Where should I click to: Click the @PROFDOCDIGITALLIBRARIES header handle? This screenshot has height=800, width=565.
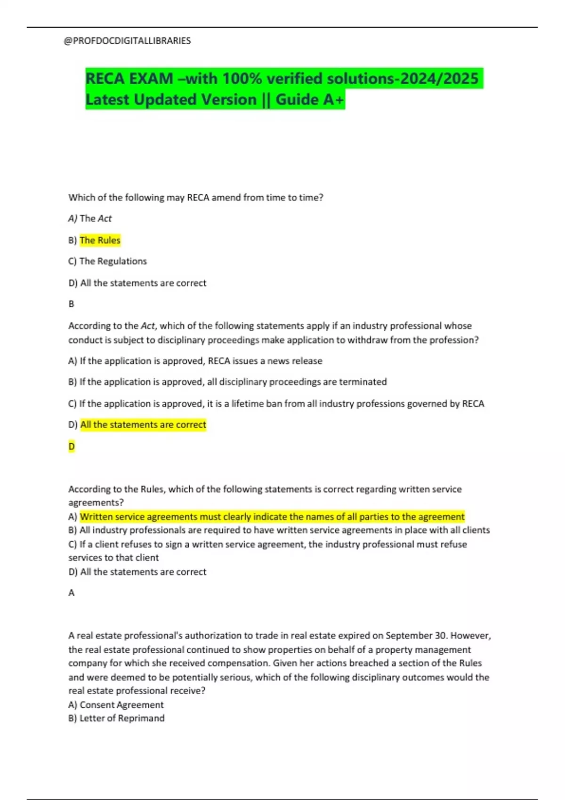[x=127, y=41]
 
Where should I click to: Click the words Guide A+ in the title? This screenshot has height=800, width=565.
[x=310, y=100]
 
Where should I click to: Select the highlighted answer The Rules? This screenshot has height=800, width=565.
[x=100, y=240]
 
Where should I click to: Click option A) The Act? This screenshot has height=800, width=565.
[x=90, y=218]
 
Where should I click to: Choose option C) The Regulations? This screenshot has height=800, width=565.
[x=107, y=261]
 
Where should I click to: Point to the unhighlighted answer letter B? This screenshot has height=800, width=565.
[x=72, y=304]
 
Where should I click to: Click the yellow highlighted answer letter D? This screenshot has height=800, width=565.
[x=72, y=446]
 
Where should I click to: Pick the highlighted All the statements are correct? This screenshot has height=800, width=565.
[x=143, y=424]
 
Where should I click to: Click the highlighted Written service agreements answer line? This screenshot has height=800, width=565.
[x=272, y=517]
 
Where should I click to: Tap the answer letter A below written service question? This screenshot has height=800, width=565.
[x=72, y=593]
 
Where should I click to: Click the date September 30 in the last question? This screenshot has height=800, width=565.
[x=416, y=636]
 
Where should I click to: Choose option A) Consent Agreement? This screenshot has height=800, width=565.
[x=116, y=705]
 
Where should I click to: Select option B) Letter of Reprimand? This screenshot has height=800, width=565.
[x=117, y=718]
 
